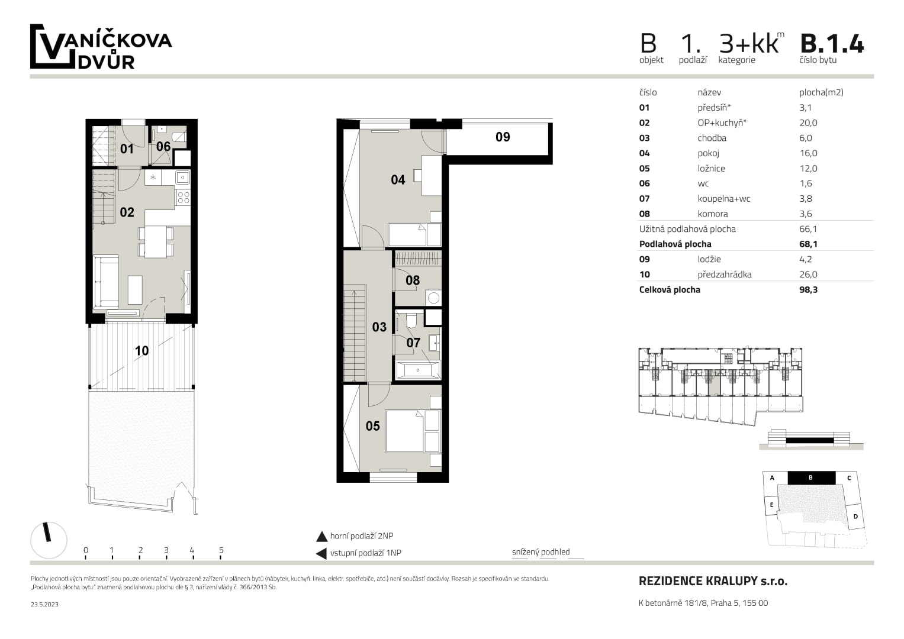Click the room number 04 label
398,180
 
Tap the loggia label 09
503,137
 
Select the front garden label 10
142,351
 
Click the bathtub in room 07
417,370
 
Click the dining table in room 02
156,242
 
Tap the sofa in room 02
106,281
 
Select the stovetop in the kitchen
183,198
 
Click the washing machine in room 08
433,298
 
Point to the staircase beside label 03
355,333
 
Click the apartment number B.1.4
831,44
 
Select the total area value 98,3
808,290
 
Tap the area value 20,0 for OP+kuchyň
808,123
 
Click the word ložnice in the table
711,169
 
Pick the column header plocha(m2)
821,92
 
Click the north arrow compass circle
49,540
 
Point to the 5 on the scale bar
221,550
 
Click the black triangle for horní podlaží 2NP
321,537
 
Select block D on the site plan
855,517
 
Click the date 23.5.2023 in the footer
44,605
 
